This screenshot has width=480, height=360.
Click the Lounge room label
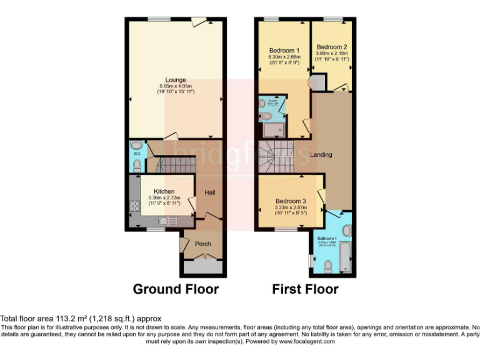coord(176,79)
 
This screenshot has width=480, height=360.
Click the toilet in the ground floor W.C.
coord(137,164)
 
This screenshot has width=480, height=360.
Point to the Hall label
coord(209,192)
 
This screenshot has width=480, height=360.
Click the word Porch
coord(203,244)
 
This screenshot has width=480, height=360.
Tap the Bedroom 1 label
coord(284,50)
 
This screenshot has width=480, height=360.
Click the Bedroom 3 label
coord(292,201)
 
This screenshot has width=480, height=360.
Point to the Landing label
coord(321,154)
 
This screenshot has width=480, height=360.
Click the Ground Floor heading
coord(176,289)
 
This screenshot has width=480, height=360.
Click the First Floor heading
coord(305,289)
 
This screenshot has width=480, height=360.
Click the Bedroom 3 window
coord(287,229)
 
